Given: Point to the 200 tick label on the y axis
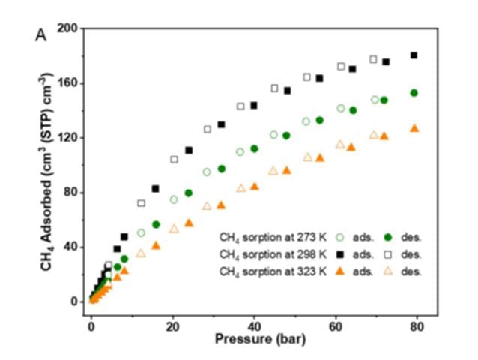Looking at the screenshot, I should pos(68,28).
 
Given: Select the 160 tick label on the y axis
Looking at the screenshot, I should pos(68,83).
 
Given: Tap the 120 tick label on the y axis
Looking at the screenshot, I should pos(68,138).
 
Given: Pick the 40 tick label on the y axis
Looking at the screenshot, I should pos(71,247).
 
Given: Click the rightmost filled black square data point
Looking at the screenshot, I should pos(414,55).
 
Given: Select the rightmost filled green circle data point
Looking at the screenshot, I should pos(414,93).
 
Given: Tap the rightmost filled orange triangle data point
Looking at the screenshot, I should pos(414,128).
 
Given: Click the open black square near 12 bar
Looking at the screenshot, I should pos(141,203).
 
